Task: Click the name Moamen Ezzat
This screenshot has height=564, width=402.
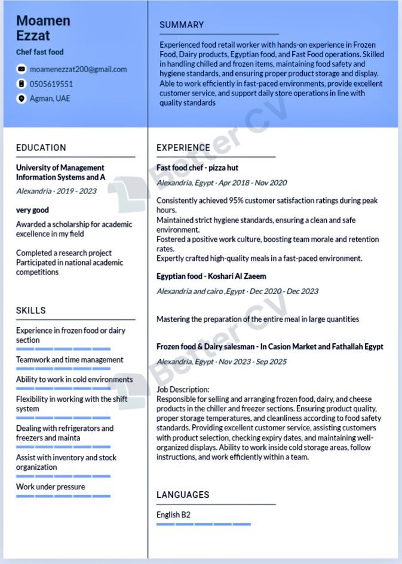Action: [43, 28]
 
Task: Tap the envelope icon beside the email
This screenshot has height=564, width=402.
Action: [22, 69]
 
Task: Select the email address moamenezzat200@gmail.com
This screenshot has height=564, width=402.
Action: [78, 69]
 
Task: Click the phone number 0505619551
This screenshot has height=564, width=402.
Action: [51, 84]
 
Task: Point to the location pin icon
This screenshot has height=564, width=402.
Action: [22, 98]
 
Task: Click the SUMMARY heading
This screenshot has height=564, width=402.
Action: [182, 25]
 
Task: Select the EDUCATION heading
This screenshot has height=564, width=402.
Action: [41, 147]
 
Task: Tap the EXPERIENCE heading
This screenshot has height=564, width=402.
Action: [183, 147]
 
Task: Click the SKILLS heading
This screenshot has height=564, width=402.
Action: [31, 310]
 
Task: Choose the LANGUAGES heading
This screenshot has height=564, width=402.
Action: [183, 495]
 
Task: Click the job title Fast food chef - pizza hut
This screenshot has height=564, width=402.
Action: [197, 168]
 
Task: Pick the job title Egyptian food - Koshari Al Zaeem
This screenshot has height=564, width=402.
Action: [211, 276]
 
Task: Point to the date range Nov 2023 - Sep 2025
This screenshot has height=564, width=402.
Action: [253, 362]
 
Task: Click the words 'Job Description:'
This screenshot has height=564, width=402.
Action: [183, 389]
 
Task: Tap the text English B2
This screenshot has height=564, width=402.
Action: [173, 514]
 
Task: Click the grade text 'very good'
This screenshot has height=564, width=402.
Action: [32, 210]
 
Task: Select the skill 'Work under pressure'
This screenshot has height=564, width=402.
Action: [51, 486]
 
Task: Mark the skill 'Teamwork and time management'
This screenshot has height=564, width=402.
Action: [70, 360]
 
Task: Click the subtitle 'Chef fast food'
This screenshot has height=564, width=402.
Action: [40, 52]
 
